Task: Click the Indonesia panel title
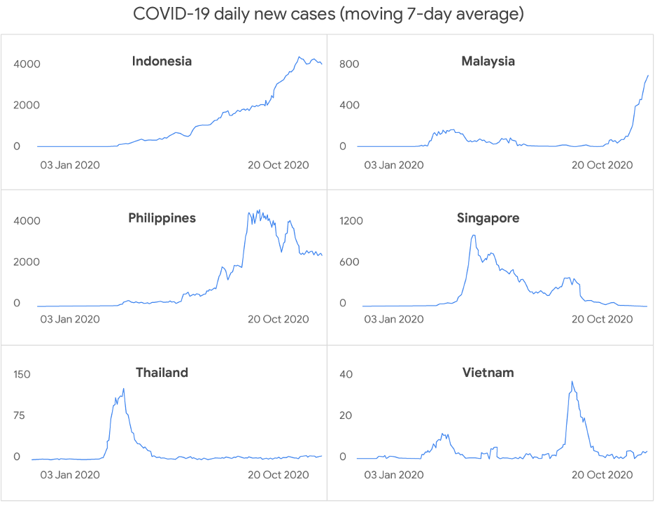[x=162, y=62]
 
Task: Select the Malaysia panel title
[x=488, y=62]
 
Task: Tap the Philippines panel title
[x=162, y=218]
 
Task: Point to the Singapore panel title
[x=488, y=218]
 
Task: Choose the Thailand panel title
[x=162, y=373]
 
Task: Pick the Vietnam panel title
[x=488, y=373]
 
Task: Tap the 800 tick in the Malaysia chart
[x=349, y=64]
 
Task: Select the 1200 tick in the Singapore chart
[x=351, y=221]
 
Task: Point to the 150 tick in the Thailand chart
[x=22, y=374]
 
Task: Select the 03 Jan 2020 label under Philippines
[x=69, y=320]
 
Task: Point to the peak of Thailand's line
[x=124, y=389]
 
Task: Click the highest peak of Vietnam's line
[x=572, y=382]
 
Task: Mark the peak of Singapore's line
[x=474, y=236]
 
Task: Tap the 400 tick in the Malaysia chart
[x=349, y=106]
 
